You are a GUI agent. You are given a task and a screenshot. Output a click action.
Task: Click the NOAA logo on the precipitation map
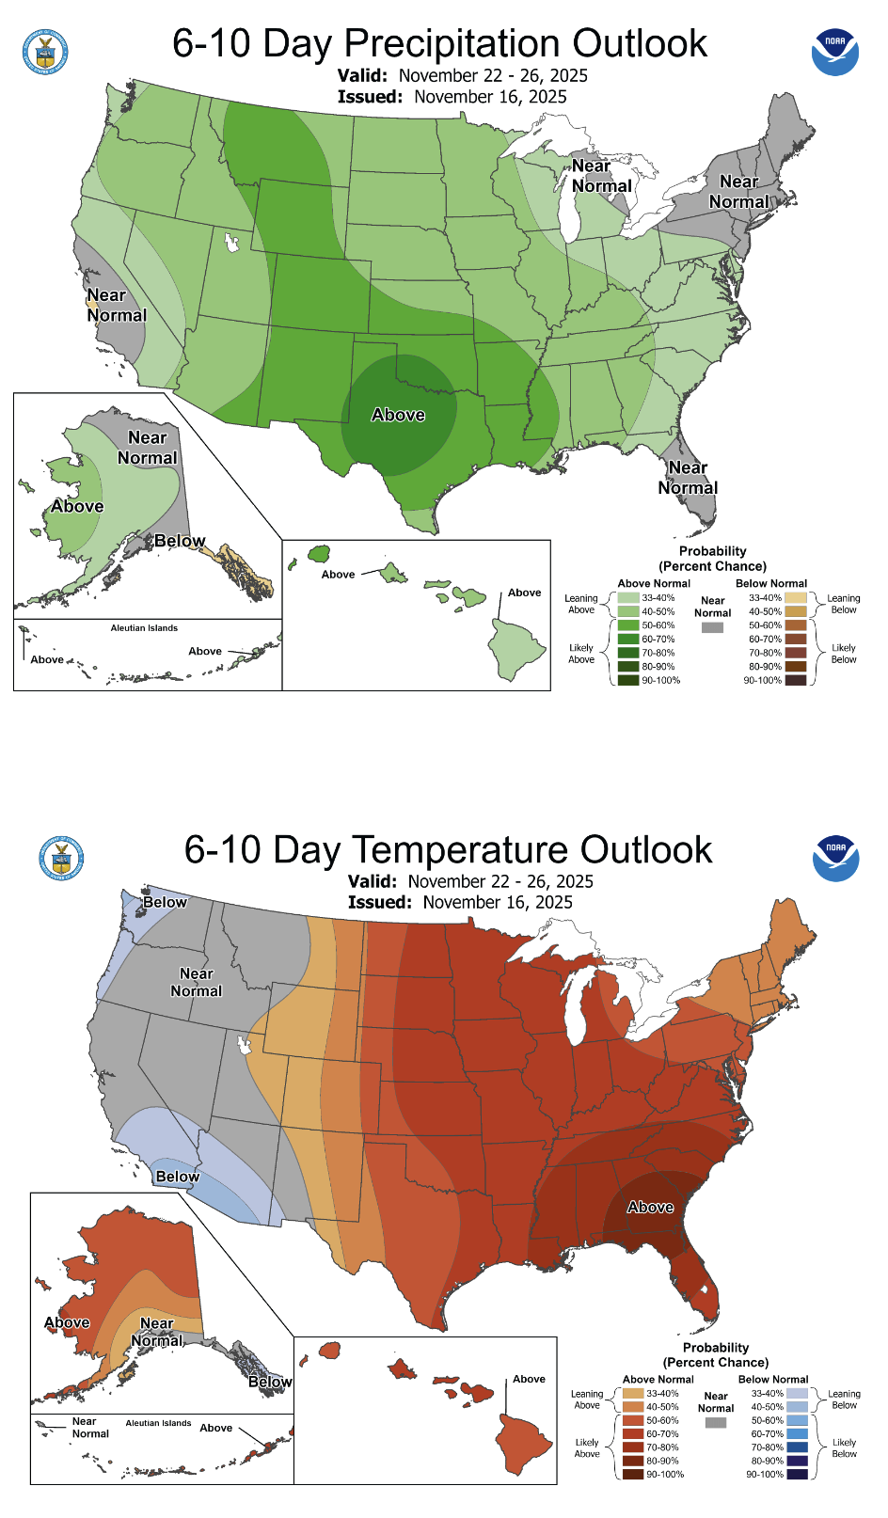coord(834,52)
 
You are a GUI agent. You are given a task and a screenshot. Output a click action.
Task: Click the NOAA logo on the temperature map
coord(835,858)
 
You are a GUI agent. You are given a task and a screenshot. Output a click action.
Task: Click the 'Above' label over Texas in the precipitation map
coord(398,415)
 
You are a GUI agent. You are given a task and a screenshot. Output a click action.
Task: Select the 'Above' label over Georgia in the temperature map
coord(650,1207)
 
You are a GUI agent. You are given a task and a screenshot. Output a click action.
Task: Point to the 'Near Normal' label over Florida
coord(688,478)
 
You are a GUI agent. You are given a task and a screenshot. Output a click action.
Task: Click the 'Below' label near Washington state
coord(165,902)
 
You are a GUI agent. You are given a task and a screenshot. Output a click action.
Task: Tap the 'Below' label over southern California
coord(177,1177)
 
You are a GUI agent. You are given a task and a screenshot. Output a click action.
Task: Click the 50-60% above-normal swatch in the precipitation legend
coord(627,625)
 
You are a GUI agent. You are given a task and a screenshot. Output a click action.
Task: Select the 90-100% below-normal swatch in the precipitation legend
coord(796,680)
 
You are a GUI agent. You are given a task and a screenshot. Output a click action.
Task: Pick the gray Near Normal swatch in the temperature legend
coord(716,1423)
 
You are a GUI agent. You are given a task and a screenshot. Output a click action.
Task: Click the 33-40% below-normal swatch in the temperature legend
coord(797,1394)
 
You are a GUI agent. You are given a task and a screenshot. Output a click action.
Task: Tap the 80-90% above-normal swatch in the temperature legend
coord(632,1461)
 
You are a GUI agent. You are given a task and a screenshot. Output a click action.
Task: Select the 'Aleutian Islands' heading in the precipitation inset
coord(144,628)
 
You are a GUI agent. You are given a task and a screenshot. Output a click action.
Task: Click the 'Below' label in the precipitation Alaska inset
coord(180,541)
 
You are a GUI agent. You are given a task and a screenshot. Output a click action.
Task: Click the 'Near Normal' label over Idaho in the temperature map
coord(196,982)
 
